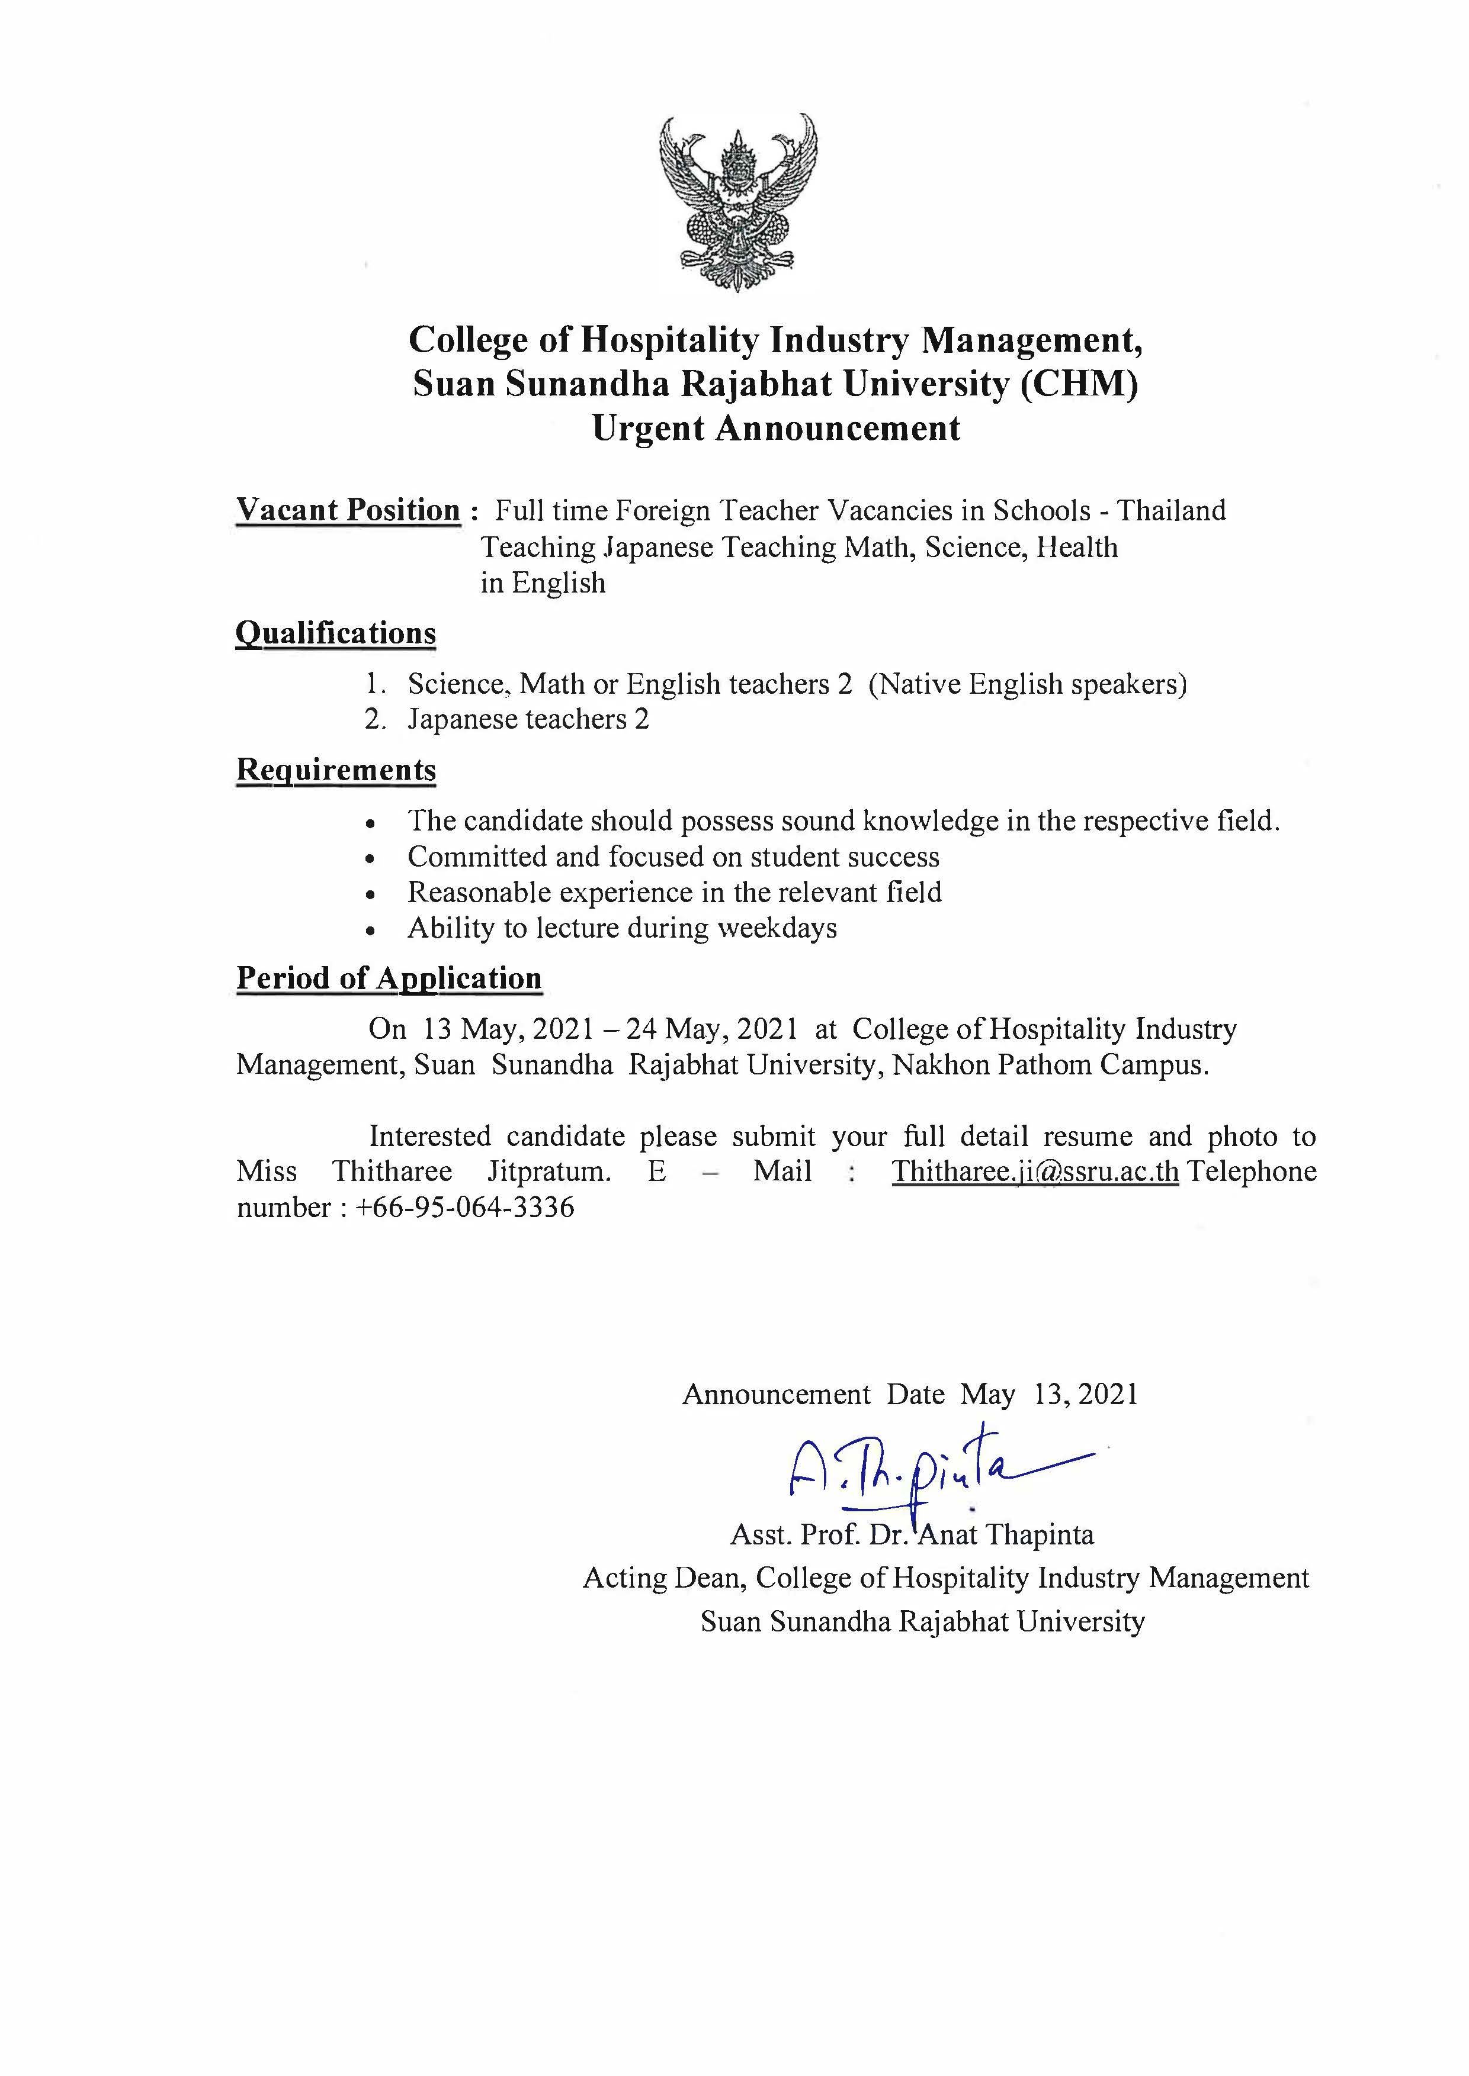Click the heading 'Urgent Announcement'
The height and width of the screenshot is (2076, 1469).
(775, 427)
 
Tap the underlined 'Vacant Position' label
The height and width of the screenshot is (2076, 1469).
(348, 510)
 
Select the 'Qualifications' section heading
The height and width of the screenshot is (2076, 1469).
(336, 633)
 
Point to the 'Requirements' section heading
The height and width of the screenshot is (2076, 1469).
(336, 770)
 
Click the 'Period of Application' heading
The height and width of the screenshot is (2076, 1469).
(389, 979)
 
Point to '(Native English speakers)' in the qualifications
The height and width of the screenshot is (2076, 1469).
(1028, 684)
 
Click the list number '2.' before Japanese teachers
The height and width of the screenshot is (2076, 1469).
(376, 720)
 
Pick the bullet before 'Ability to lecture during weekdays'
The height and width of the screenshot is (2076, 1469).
(370, 929)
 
